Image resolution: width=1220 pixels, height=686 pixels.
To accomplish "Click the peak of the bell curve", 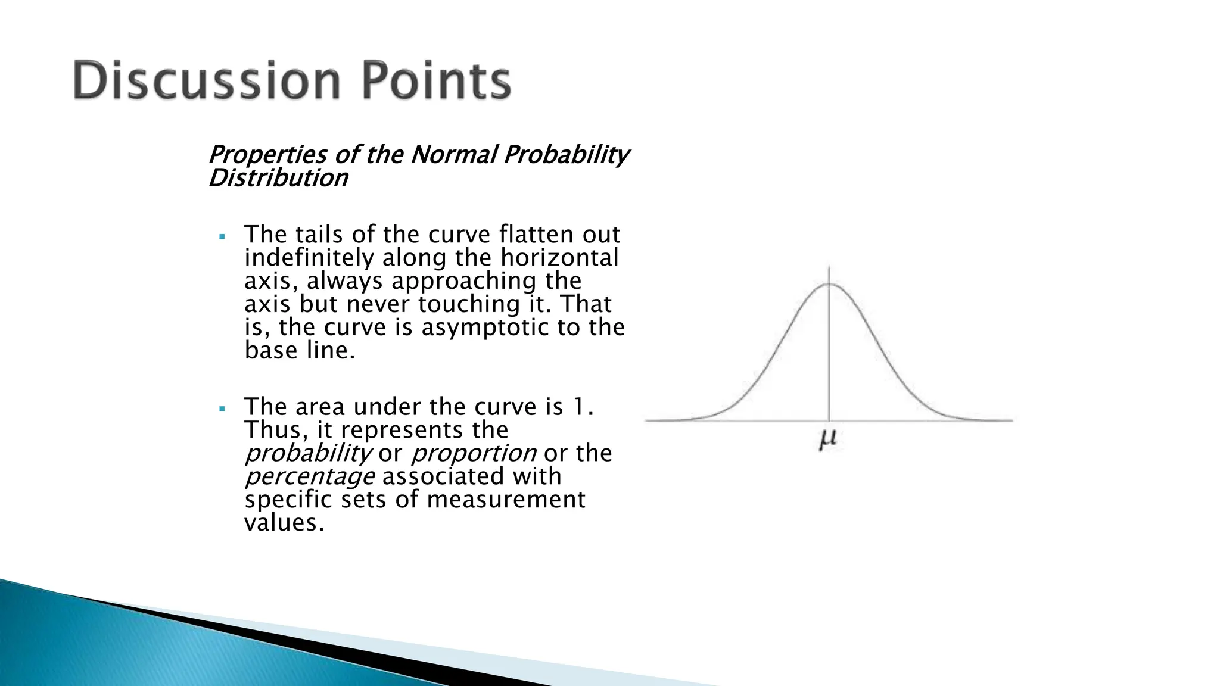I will [829, 285].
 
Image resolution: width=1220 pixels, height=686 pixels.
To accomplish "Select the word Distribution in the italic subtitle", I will [278, 178].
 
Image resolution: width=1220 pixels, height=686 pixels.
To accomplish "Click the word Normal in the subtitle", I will [454, 155].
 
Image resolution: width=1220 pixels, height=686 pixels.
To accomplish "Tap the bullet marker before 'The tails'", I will [222, 236].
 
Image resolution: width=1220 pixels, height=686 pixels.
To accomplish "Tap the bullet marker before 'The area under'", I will [222, 409].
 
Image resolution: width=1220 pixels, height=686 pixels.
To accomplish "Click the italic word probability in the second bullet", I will [308, 454].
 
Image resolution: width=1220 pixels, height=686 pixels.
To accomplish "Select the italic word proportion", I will [474, 454].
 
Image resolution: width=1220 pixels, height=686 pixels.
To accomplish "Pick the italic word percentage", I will [310, 477].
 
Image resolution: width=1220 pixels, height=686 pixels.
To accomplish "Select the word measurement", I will [506, 500].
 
